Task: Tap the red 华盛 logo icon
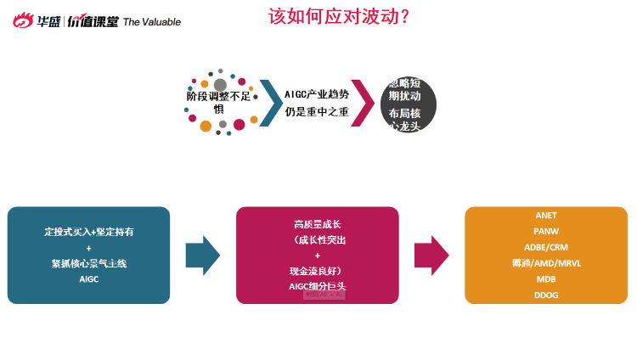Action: [x=22, y=20]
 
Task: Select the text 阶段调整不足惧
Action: [x=218, y=102]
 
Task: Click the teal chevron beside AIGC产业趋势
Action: [x=271, y=104]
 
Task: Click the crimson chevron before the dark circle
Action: [x=363, y=104]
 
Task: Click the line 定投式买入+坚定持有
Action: [x=88, y=231]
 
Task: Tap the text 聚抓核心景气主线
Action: [x=88, y=263]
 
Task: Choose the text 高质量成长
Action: [x=318, y=225]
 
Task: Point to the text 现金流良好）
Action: [x=318, y=271]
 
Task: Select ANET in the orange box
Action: [x=546, y=216]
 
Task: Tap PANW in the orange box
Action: [x=546, y=231]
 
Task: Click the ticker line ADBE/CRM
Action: [x=546, y=247]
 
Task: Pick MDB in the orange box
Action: [x=546, y=278]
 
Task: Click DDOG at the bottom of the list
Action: [x=546, y=295]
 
